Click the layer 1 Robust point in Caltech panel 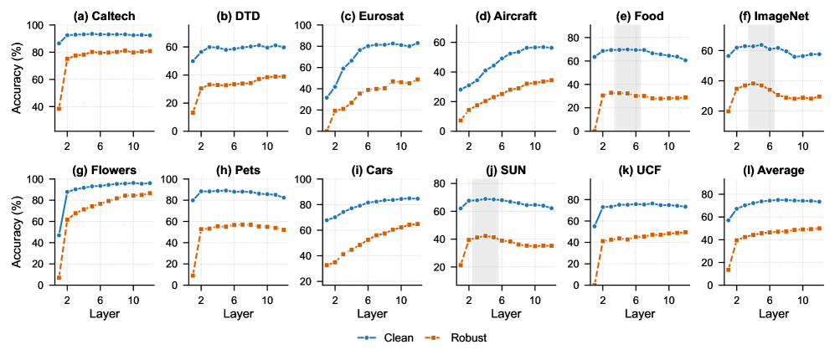pos(59,109)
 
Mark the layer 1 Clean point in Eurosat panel pos(326,98)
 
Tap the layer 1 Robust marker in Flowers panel pos(59,278)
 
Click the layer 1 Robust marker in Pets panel pos(193,275)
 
